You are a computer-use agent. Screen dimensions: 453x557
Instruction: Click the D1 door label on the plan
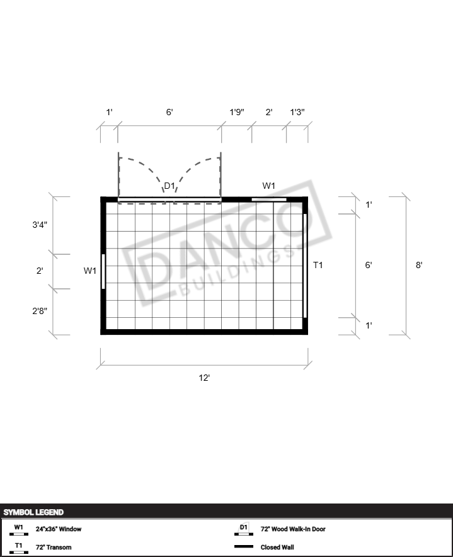(x=169, y=186)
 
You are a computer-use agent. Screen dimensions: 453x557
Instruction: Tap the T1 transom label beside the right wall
(x=318, y=265)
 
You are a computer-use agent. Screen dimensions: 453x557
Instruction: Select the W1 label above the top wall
(x=269, y=186)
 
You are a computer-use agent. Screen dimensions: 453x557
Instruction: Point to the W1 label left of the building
(x=90, y=271)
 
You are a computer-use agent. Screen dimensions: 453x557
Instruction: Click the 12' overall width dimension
(x=204, y=378)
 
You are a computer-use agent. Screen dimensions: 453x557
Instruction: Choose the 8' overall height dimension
(x=419, y=265)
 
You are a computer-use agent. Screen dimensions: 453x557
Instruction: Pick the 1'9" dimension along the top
(x=237, y=112)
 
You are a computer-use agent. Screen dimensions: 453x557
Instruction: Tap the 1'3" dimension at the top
(x=297, y=112)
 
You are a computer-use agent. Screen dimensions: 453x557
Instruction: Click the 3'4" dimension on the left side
(x=40, y=225)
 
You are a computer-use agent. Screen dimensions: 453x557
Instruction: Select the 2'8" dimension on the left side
(x=40, y=311)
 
